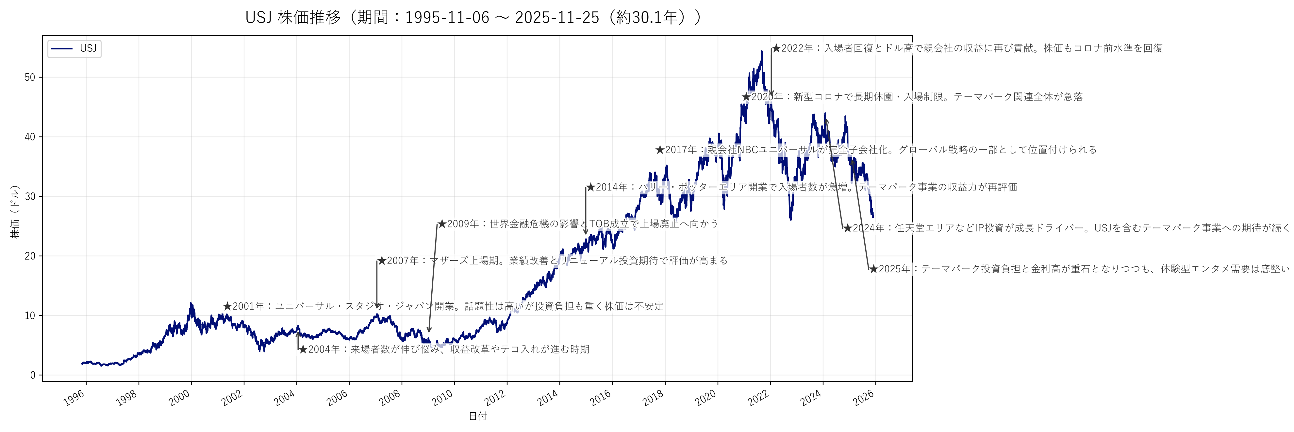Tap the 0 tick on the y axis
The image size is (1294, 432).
click(x=33, y=375)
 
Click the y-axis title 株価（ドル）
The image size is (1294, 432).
click(x=15, y=211)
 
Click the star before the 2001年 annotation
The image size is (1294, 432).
click(x=227, y=306)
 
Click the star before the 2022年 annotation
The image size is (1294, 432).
click(x=776, y=48)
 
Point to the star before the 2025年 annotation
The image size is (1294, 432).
click(x=873, y=269)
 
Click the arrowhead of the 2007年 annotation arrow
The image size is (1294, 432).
click(x=377, y=306)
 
